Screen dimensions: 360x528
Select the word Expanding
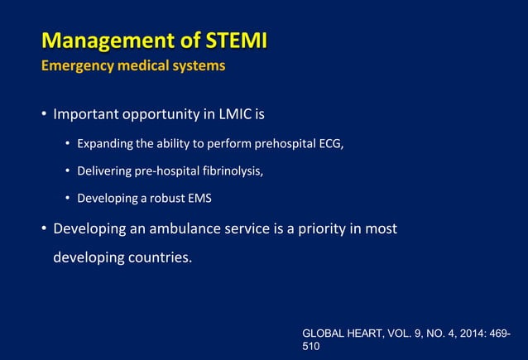click(105, 146)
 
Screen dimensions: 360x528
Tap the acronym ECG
click(330, 146)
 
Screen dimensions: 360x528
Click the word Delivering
click(106, 172)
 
